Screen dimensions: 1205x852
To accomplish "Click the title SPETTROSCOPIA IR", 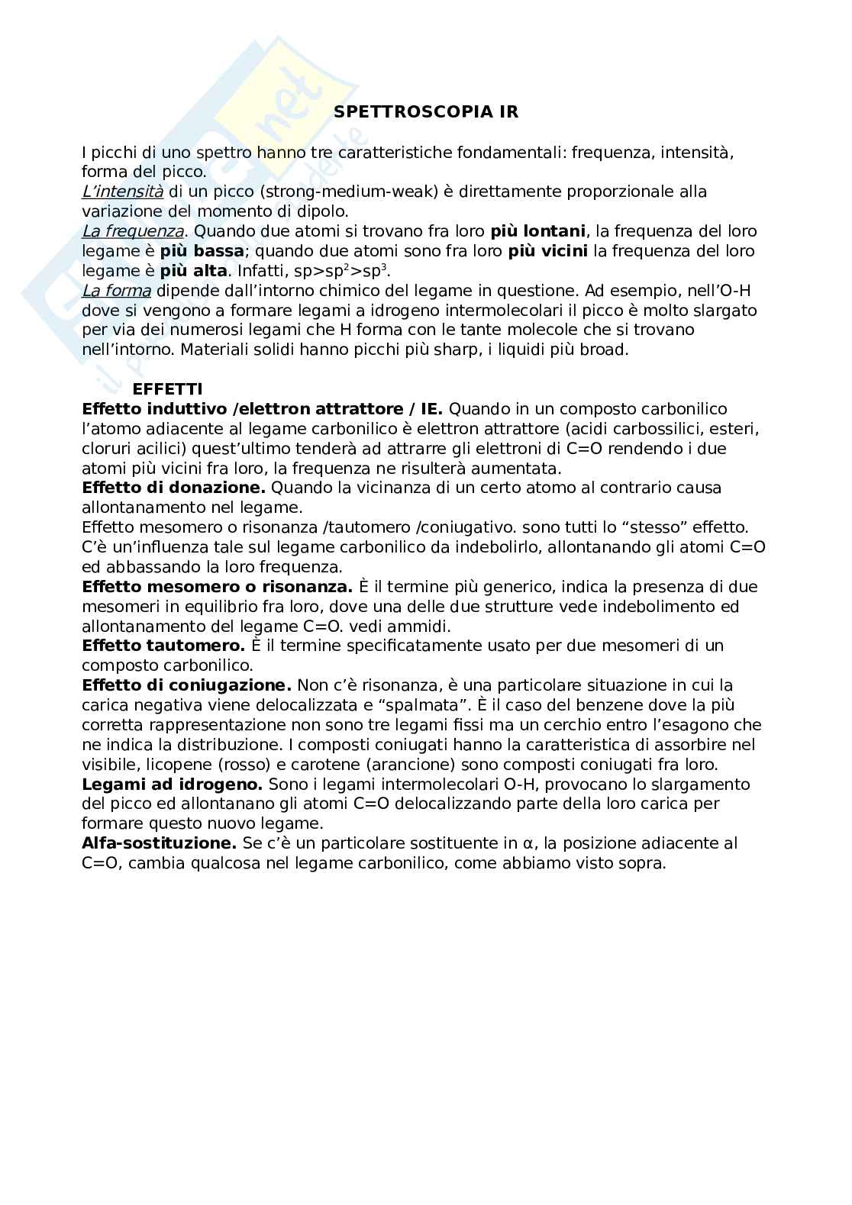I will click(x=426, y=112).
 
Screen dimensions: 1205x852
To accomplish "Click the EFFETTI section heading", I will click(x=167, y=389).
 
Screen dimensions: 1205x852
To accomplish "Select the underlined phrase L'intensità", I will click(x=122, y=192).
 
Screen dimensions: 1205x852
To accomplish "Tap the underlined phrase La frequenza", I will click(x=133, y=231).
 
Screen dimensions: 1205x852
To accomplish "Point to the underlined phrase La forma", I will click(x=116, y=291).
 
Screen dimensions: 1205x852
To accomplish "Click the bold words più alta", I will click(x=193, y=271).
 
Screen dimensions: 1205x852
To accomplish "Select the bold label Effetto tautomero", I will click(x=163, y=646).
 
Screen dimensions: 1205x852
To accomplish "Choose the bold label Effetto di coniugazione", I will click(x=187, y=685).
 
